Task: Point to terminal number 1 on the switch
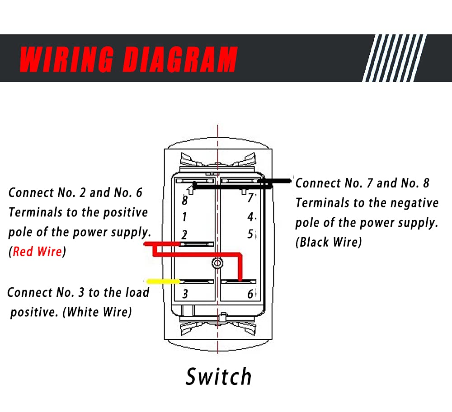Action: pos(184,217)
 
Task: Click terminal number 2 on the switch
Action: pos(184,234)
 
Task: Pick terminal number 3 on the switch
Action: pos(185,295)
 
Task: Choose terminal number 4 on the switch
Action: pos(250,217)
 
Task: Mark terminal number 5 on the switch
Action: pos(250,234)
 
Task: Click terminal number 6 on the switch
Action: pos(250,295)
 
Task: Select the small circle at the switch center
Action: pos(217,262)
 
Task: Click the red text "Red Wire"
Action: pos(37,252)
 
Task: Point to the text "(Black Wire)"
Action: pos(329,242)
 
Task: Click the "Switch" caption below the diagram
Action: pos(218,376)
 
